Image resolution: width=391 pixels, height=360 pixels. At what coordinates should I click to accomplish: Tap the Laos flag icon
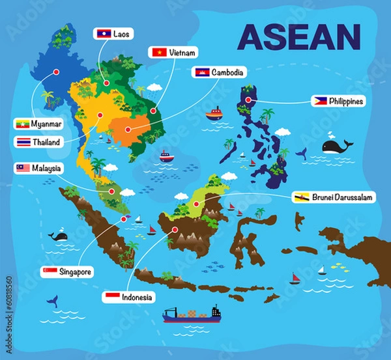[104, 33]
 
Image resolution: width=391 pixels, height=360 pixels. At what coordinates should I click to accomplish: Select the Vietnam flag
[158, 52]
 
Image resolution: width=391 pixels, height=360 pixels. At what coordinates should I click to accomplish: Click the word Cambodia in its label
[227, 72]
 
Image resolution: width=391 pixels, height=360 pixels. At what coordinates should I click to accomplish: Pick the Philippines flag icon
[319, 102]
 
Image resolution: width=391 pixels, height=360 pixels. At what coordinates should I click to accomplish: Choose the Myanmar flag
[22, 124]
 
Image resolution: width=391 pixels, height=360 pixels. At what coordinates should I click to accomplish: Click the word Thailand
[46, 142]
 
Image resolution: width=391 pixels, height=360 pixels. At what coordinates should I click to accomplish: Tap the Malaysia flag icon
[23, 168]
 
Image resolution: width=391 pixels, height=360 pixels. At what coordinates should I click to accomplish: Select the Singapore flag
[50, 271]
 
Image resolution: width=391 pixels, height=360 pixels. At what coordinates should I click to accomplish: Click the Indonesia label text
[138, 297]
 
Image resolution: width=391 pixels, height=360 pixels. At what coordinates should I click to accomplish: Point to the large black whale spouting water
[336, 146]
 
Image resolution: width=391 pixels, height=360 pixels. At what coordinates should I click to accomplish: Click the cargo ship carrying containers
[192, 314]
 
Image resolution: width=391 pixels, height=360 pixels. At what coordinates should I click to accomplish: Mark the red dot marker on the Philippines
[248, 100]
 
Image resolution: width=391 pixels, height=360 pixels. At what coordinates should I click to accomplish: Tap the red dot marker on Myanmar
[56, 72]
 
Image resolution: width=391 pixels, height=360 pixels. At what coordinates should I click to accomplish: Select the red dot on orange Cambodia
[128, 130]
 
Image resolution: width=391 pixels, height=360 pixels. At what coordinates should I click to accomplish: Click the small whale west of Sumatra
[59, 236]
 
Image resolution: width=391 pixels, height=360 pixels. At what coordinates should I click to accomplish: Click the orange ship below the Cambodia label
[213, 115]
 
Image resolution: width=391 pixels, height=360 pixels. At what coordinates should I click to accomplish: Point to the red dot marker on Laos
[106, 83]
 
